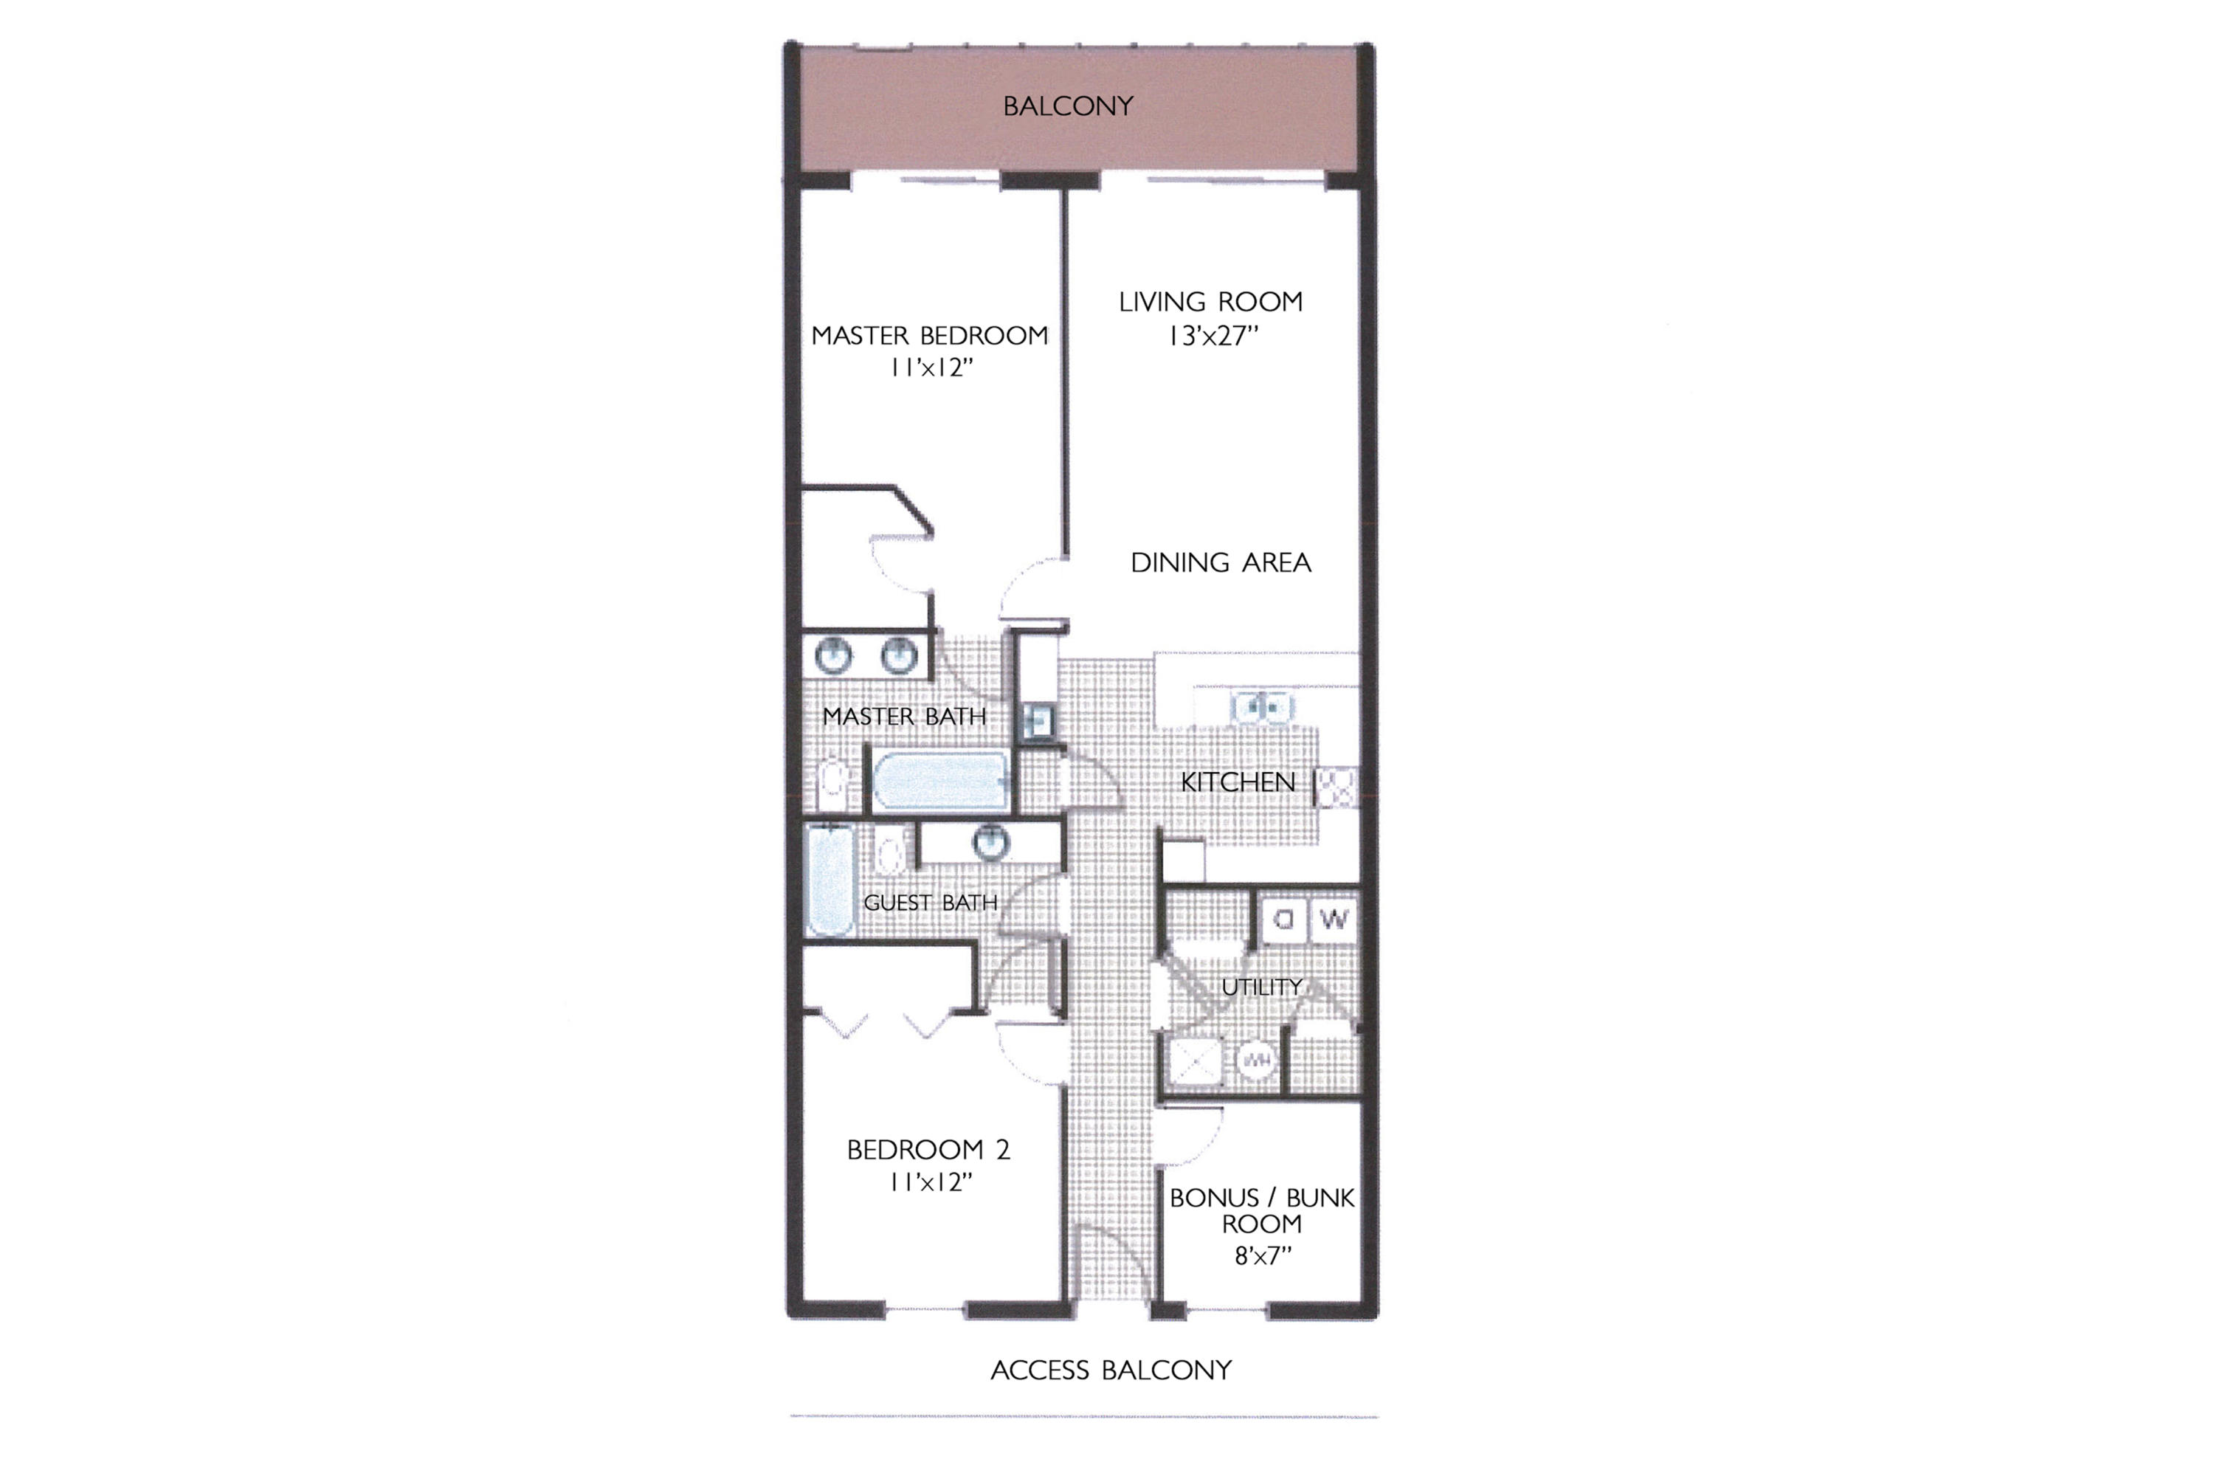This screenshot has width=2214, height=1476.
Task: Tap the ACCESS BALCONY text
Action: (1111, 1370)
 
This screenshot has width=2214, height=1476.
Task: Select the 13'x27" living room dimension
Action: (1213, 336)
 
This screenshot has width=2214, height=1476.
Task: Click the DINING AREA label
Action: (1220, 563)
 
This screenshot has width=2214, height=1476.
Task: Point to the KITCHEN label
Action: (1237, 782)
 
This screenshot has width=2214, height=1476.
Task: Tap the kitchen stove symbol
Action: (1336, 787)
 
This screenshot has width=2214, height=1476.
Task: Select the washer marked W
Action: (1334, 920)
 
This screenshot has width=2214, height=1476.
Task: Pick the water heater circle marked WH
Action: (1257, 1061)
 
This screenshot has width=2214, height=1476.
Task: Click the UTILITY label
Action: (1261, 987)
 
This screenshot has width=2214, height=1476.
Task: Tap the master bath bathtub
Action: (939, 780)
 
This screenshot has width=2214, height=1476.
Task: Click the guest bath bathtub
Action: (830, 880)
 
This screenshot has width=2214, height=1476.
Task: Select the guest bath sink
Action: (990, 841)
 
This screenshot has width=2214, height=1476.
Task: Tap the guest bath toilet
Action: (889, 853)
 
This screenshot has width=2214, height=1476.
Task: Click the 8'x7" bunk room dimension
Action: (1262, 1256)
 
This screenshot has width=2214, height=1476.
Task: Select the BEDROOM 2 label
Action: (928, 1149)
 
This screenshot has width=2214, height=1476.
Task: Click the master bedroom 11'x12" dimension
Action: (930, 368)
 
